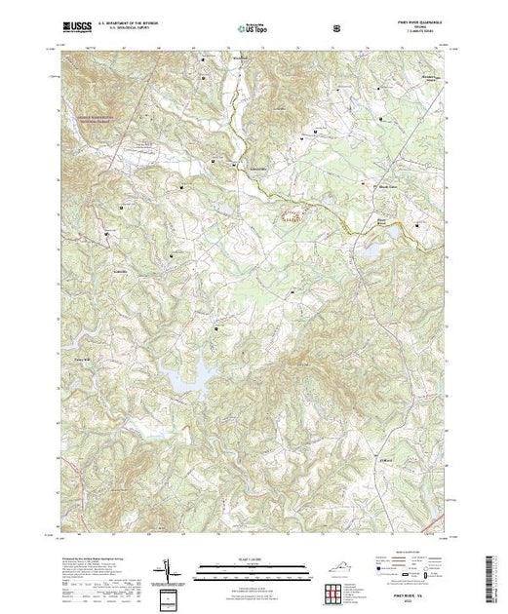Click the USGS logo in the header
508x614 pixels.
coord(76,27)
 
